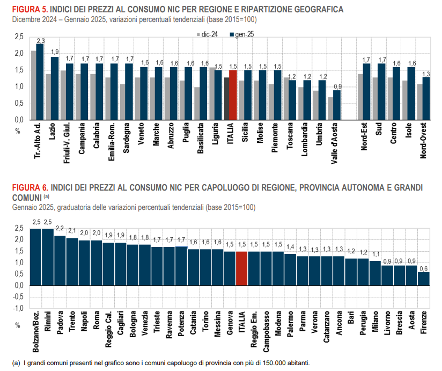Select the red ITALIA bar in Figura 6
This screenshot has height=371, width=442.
point(241,268)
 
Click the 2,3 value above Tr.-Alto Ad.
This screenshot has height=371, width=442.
point(40,40)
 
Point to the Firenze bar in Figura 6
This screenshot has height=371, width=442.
point(424,278)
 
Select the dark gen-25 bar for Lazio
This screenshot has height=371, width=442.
point(55,88)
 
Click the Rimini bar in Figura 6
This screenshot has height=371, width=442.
point(48,257)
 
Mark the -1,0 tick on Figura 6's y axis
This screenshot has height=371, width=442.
point(18,308)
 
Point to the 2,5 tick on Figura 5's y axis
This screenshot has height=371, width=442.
point(19,37)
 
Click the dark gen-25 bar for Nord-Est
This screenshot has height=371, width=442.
point(367,91)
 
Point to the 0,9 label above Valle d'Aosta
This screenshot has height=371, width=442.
point(336,86)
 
